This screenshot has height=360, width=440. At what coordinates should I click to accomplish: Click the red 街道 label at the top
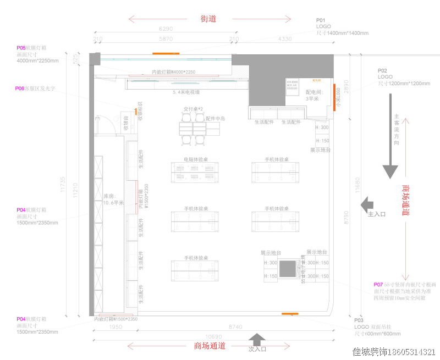pos(208,19)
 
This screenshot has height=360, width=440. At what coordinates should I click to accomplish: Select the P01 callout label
pos(321,20)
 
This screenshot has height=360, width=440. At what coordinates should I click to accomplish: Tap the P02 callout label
pos(382,70)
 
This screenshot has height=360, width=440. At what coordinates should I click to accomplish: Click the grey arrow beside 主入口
pos(364,205)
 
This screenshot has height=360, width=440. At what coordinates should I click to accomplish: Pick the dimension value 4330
pos(285,39)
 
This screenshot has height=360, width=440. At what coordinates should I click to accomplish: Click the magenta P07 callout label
pos(378,285)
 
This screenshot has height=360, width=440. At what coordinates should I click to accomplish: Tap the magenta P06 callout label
pos(20,88)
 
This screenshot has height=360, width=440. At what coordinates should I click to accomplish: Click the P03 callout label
pos(359,320)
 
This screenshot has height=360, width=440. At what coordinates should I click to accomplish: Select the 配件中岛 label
pos(216,118)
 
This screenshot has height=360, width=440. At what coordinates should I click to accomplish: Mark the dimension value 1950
pos(115,327)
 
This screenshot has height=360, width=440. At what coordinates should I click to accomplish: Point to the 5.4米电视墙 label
pos(186,92)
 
